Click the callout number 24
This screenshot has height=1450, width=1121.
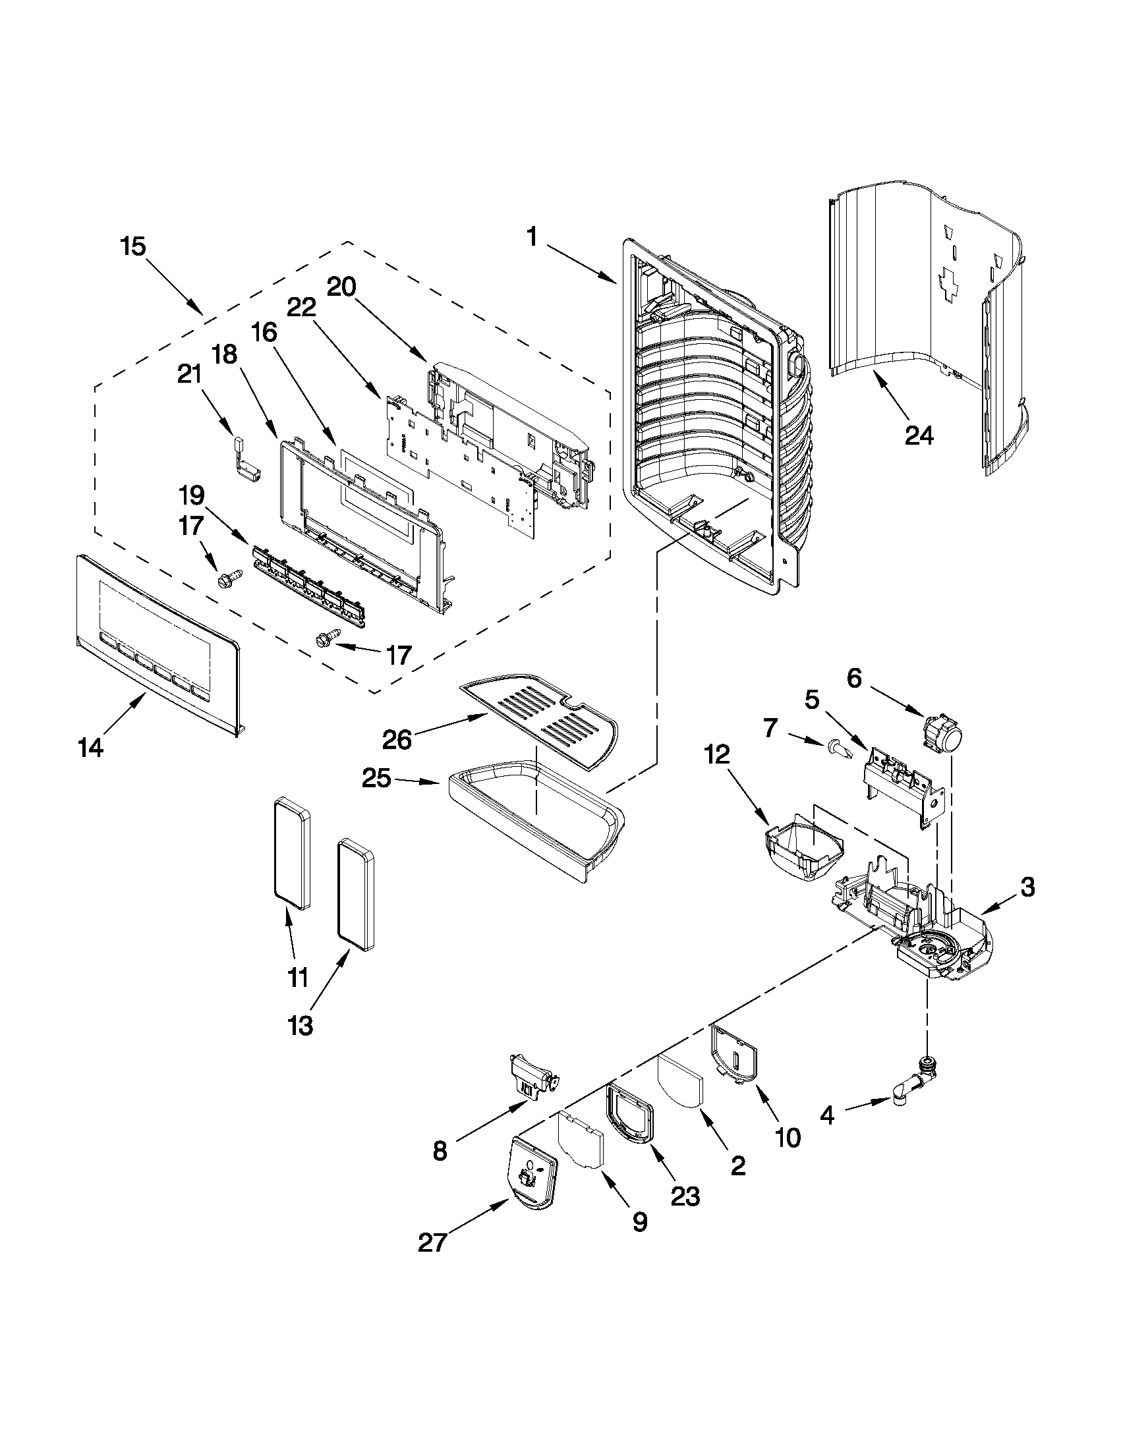coord(919,435)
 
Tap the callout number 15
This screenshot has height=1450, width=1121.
coord(133,246)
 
